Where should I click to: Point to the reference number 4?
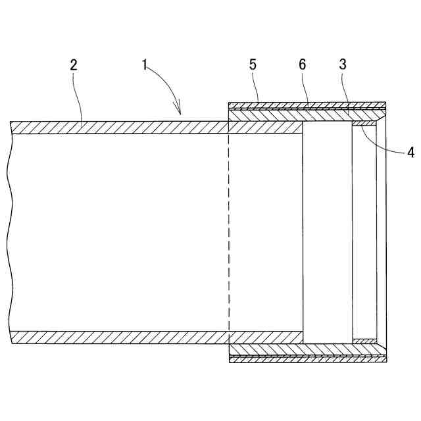(x=410, y=153)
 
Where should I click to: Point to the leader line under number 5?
(x=258, y=89)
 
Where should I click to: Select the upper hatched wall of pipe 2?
(x=118, y=128)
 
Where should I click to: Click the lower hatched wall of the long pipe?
(x=118, y=337)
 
